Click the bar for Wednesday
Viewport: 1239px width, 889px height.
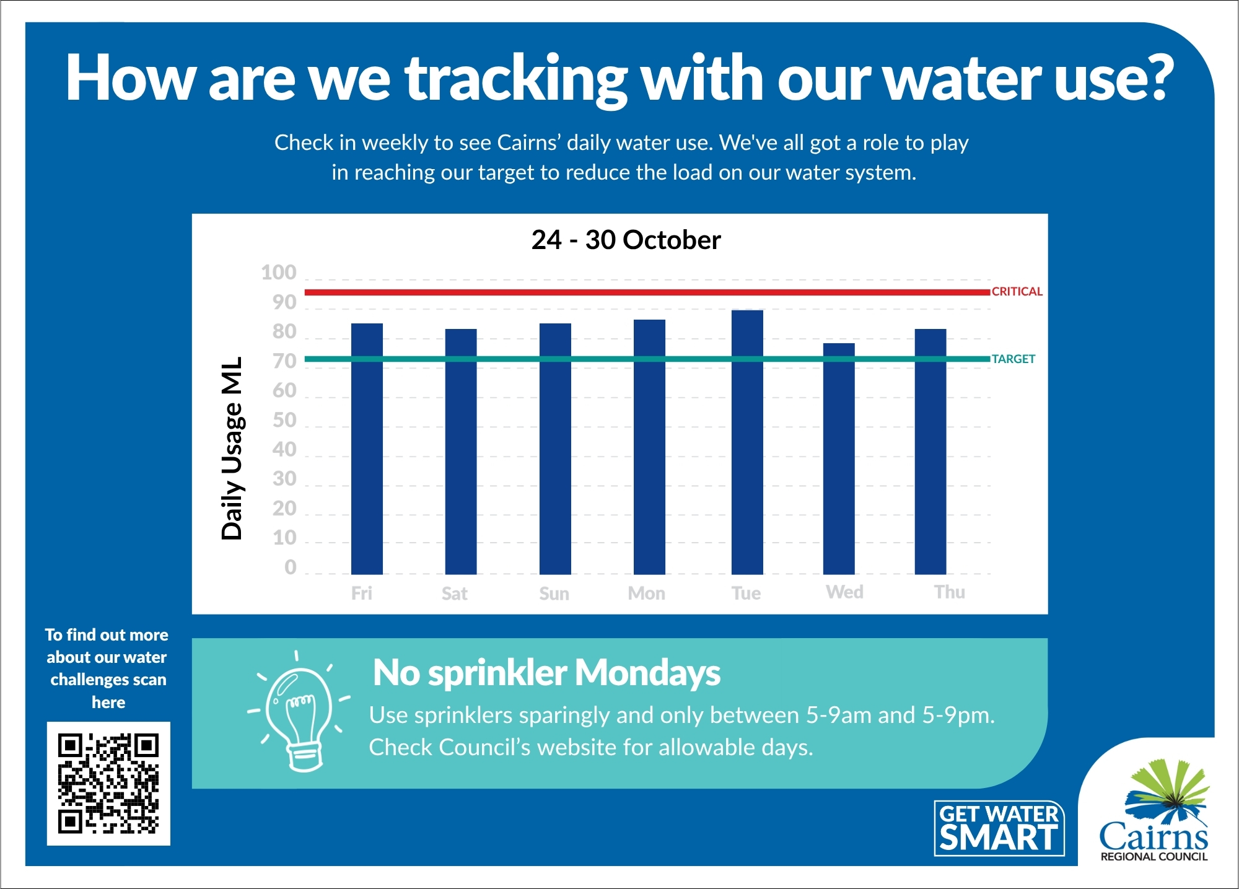pos(839,458)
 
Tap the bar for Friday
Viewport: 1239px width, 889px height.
pos(367,449)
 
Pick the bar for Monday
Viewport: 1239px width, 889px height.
pos(649,447)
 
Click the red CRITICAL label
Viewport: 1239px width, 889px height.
pos(1017,291)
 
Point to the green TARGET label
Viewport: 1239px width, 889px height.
pos(1013,359)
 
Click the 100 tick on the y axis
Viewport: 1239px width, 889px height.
pos(279,273)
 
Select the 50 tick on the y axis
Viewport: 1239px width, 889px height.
pos(284,420)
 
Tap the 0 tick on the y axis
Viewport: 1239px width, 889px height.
pos(290,567)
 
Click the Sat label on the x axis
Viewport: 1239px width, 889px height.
pos(454,593)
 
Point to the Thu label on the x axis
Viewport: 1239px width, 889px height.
pos(949,592)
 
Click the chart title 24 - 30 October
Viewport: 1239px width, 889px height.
pos(626,240)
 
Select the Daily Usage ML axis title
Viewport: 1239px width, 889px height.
pos(232,448)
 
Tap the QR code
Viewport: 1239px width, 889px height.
pos(108,783)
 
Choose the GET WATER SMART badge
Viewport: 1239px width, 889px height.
pos(999,828)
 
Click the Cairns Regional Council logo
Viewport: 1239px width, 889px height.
pos(1154,812)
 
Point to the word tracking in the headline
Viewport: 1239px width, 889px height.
pos(516,79)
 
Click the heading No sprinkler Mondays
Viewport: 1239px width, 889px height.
pos(546,672)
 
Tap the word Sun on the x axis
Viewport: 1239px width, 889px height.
pos(554,593)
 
